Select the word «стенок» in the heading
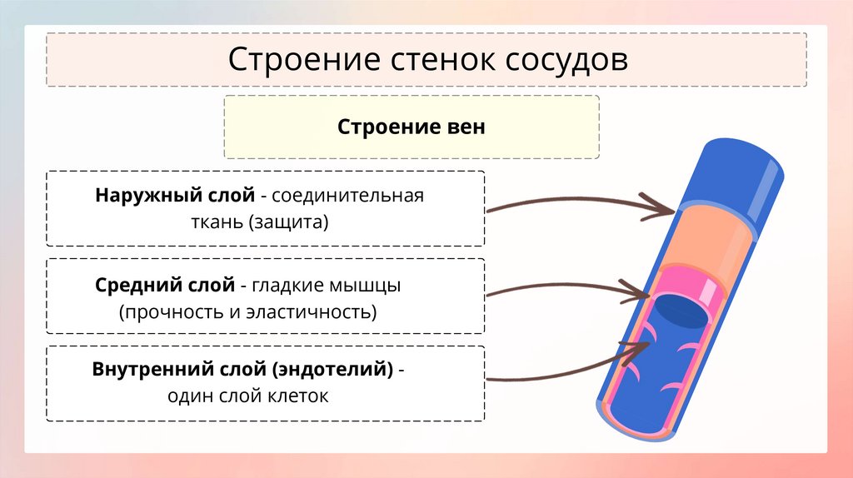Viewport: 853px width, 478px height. pos(428,60)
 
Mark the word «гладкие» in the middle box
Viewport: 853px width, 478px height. pos(287,286)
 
